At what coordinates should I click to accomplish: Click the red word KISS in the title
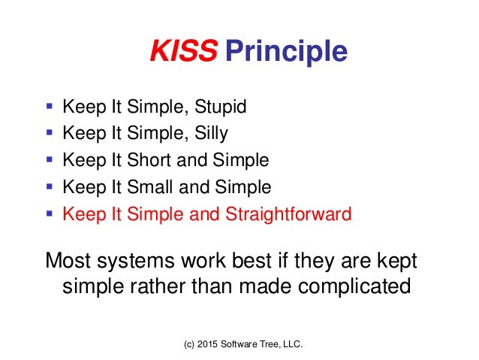(184, 52)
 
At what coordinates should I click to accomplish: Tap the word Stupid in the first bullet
(219, 107)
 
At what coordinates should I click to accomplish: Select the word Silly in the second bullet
(211, 134)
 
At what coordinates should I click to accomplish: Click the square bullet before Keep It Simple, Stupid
(50, 107)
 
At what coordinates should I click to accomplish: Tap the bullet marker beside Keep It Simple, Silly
(50, 134)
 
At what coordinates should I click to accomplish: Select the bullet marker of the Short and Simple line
(50, 161)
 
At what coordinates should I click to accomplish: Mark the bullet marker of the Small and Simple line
(50, 188)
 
